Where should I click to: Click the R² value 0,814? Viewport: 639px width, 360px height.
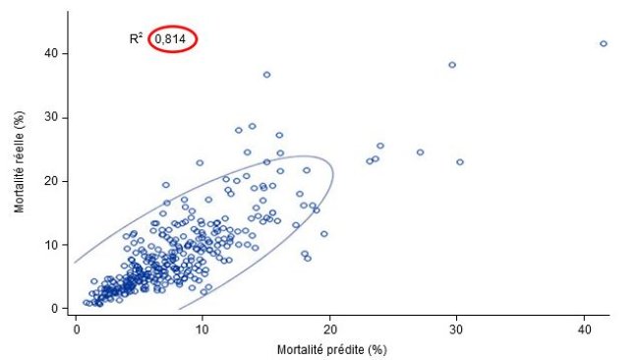coord(173,39)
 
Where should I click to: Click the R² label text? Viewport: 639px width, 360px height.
coord(136,39)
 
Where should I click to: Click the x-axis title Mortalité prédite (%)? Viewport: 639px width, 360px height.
coord(339,349)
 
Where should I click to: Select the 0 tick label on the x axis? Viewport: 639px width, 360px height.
coord(76,328)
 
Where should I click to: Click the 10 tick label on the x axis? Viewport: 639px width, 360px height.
coord(203,328)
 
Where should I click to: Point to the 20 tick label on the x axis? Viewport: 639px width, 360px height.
coord(329,328)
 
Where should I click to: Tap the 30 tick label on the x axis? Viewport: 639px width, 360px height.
coord(456,328)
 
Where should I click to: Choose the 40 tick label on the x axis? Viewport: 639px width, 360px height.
coord(584,328)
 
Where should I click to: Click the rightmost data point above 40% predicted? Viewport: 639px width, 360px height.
coord(603,43)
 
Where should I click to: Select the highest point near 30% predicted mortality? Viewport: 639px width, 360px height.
coord(452,65)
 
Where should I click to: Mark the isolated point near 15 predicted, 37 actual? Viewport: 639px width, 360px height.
coord(266,75)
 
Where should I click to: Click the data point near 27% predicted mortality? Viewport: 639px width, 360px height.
coord(420,152)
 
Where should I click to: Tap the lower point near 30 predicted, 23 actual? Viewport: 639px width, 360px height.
coord(459,162)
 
